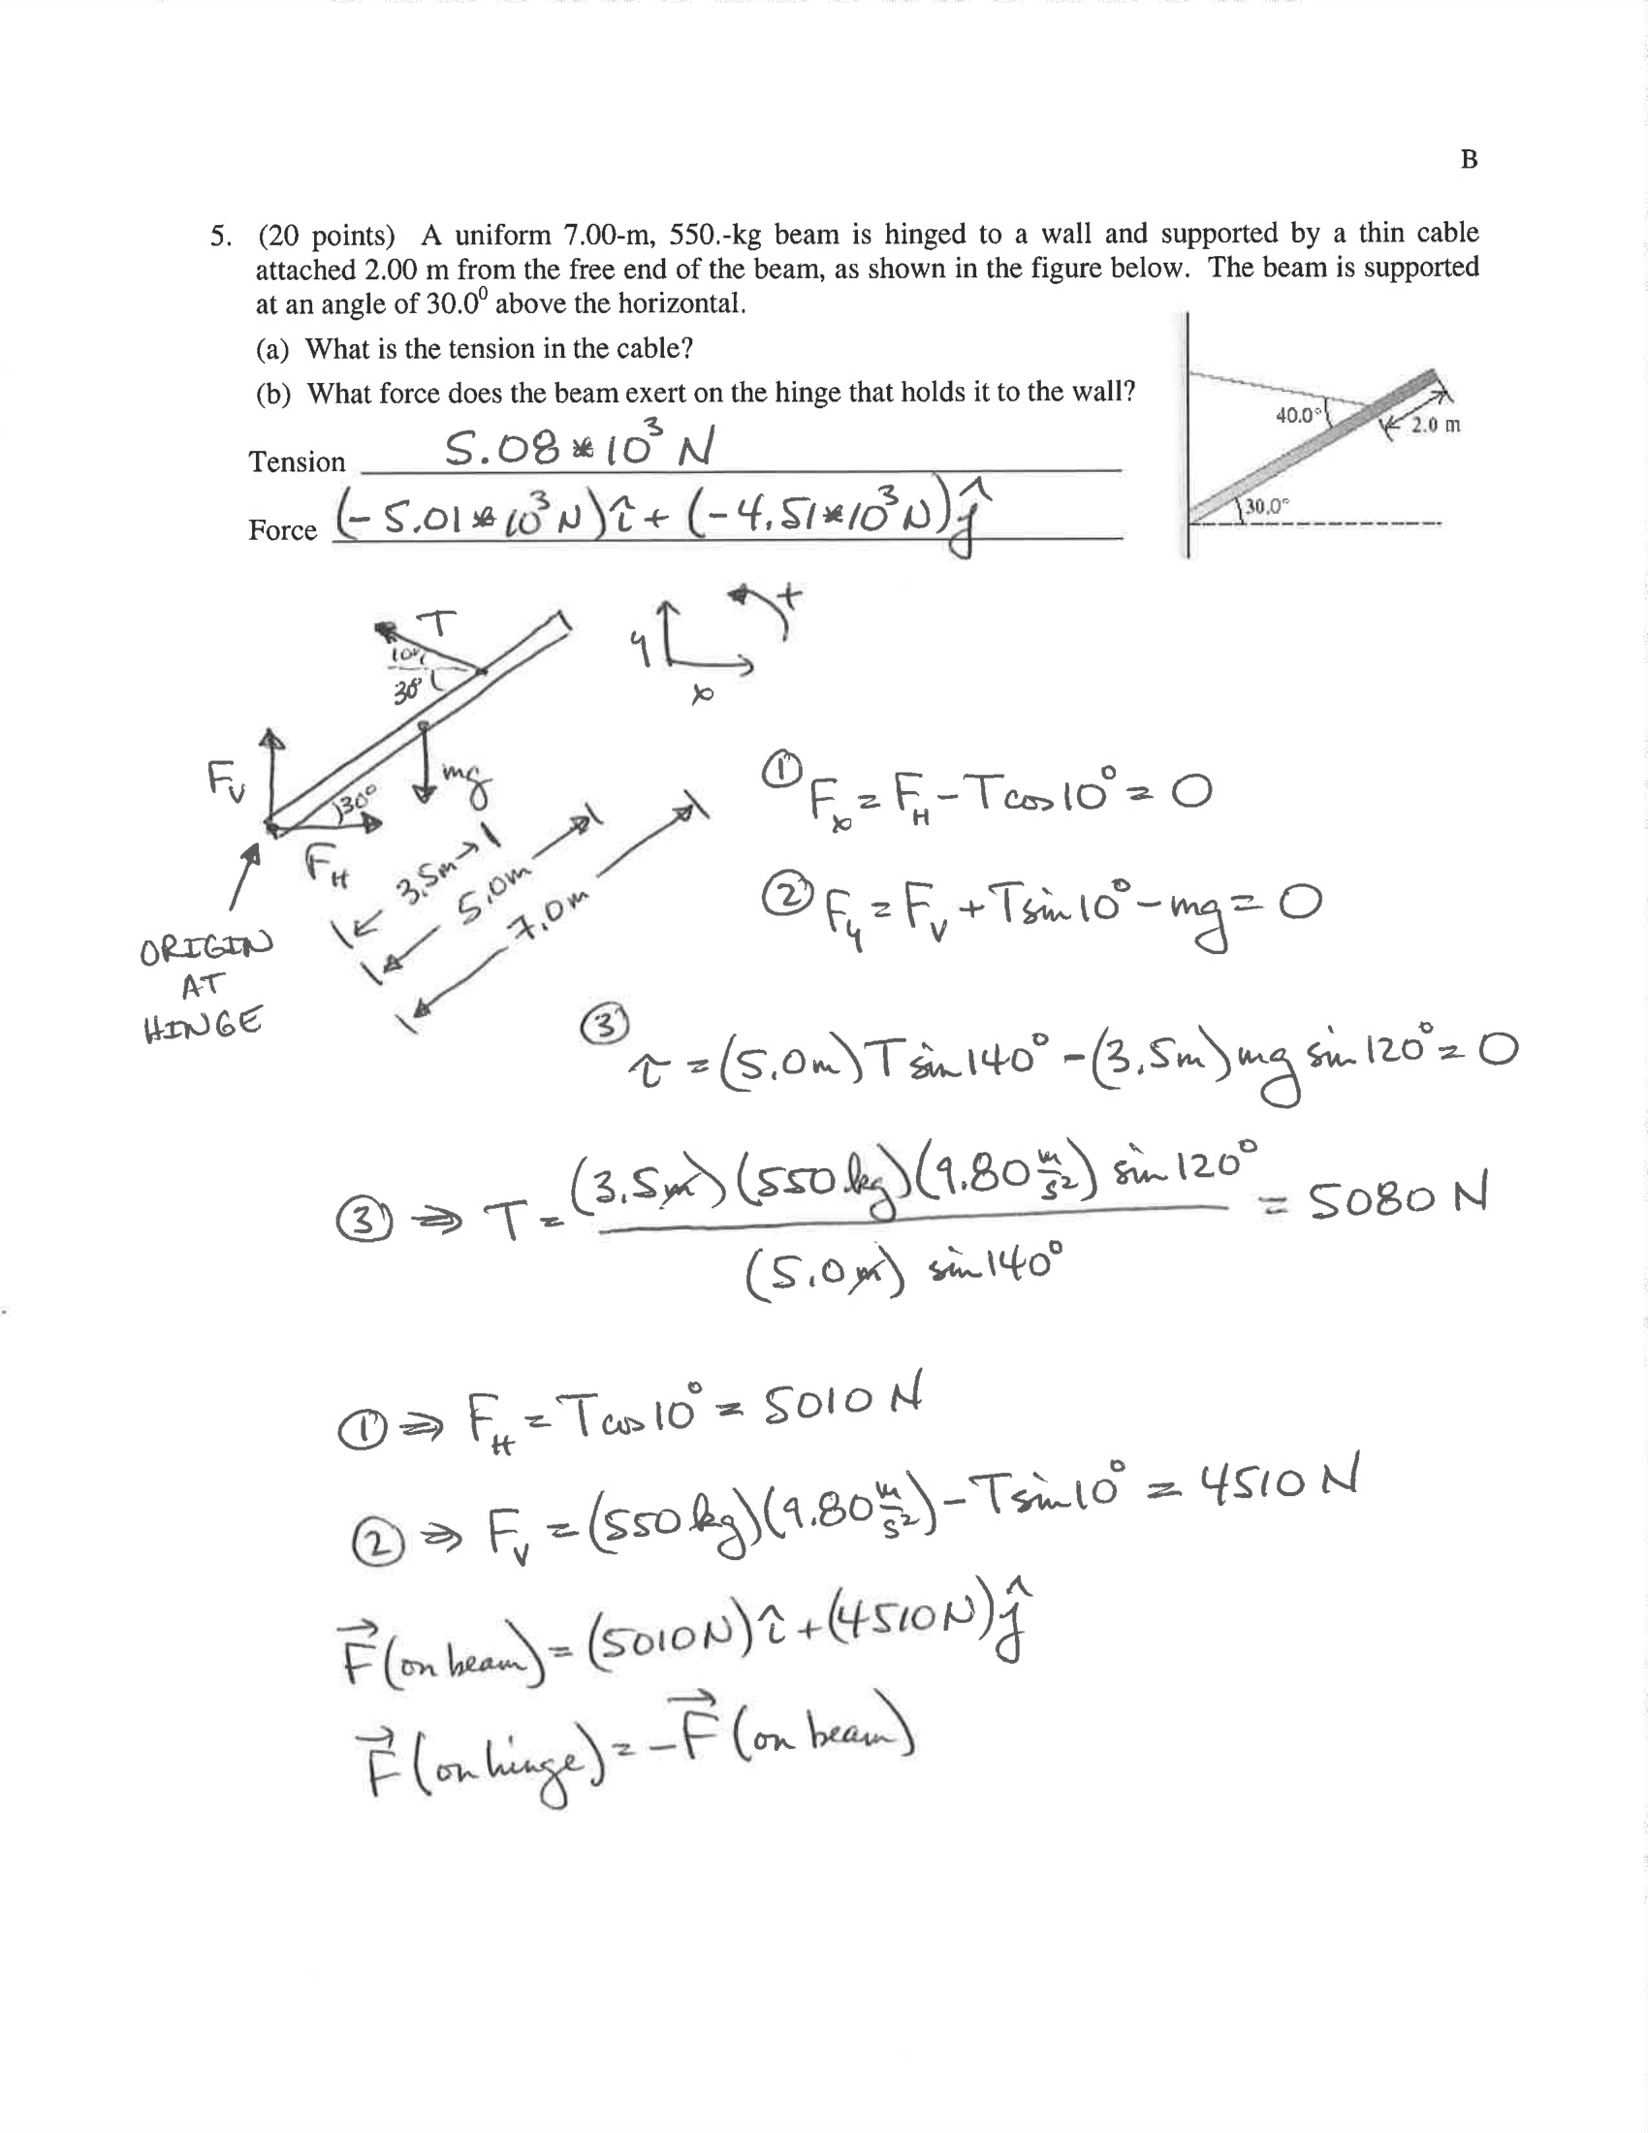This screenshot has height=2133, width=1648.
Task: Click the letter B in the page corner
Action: (1469, 159)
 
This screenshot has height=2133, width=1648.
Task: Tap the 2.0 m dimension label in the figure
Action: (1435, 425)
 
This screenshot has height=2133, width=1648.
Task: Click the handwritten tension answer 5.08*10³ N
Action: (579, 447)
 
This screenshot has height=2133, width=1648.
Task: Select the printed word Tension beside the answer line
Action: (297, 462)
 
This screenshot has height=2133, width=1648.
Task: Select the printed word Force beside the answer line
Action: (282, 530)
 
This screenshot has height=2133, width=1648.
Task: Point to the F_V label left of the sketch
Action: (227, 780)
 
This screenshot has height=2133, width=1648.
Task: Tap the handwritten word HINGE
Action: (203, 1026)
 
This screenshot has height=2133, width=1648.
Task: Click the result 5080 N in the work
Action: (1396, 1197)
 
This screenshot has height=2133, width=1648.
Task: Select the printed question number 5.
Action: (221, 237)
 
